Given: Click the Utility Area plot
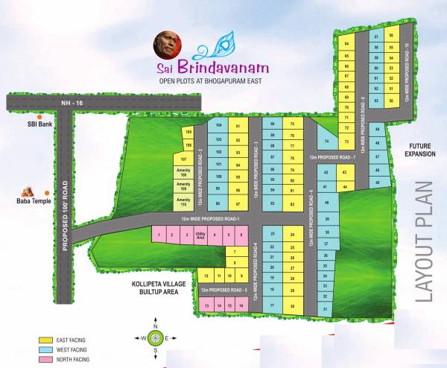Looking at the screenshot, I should (x=200, y=235).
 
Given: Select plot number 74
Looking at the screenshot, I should (x=326, y=142).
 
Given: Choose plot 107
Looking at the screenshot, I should (x=183, y=159).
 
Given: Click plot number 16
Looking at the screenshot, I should (x=241, y=305).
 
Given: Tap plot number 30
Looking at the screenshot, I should (x=293, y=306).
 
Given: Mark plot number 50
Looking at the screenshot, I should (x=391, y=101).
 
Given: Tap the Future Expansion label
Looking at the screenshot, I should (x=419, y=150).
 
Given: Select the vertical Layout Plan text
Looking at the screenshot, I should (x=424, y=241).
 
